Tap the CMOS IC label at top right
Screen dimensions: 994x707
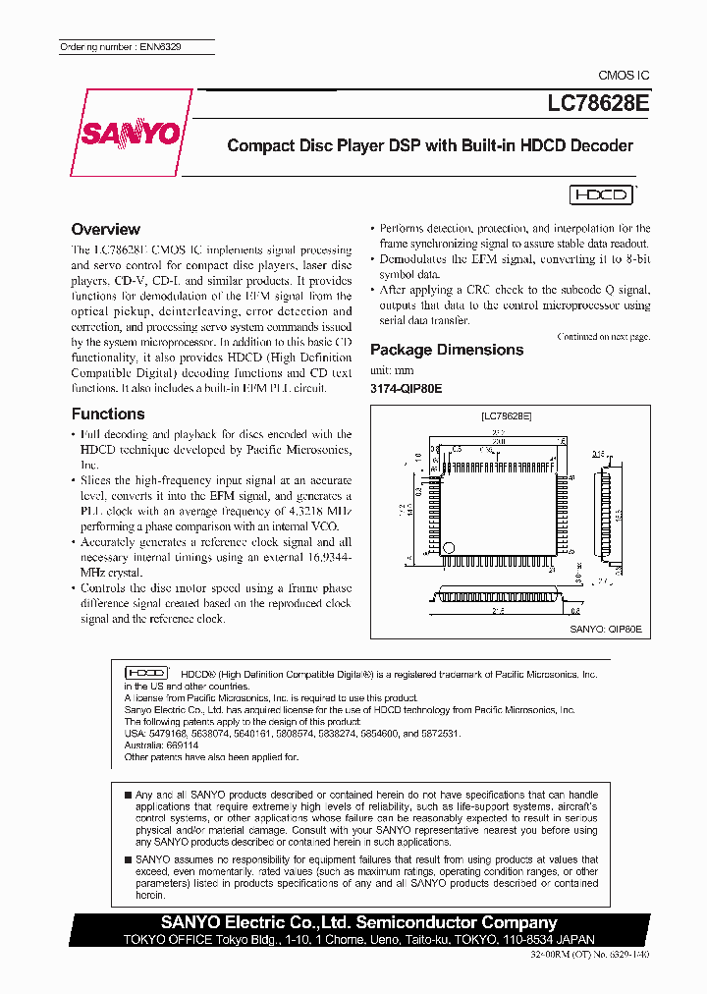click(624, 76)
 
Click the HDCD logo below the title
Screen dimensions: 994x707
click(601, 194)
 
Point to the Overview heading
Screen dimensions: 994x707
click(106, 229)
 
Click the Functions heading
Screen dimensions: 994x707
click(108, 414)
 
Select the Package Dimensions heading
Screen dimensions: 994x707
click(447, 350)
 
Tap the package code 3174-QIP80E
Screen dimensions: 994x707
click(407, 389)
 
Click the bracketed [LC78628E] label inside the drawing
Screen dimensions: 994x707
click(507, 416)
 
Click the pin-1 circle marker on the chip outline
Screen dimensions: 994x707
click(449, 547)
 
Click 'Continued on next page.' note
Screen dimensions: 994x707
click(603, 336)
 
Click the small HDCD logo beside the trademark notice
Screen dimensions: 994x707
click(144, 673)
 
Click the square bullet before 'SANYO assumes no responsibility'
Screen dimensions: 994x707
click(128, 859)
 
